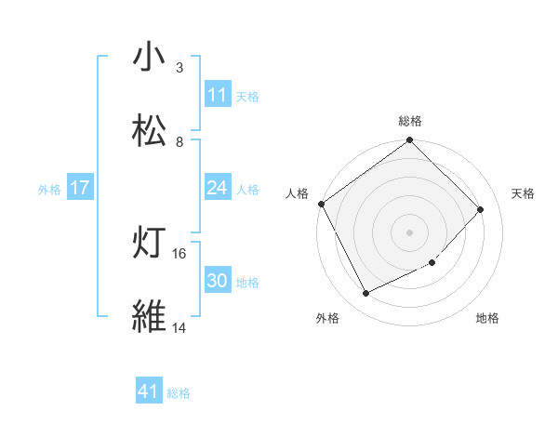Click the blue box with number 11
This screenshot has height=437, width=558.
(217, 95)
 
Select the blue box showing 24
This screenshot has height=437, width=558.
(217, 188)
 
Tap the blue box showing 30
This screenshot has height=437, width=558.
(217, 281)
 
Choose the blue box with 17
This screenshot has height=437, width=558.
(80, 188)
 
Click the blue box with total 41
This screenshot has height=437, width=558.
(150, 391)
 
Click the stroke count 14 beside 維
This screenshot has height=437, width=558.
(179, 327)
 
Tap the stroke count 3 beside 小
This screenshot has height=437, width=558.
(179, 68)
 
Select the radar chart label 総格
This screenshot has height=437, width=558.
(410, 122)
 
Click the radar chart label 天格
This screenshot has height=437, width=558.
(523, 193)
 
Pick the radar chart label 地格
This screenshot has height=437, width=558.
(487, 318)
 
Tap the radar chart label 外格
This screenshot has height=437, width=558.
(327, 318)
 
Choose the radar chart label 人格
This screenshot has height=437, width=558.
(297, 193)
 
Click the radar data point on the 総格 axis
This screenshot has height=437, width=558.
(410, 141)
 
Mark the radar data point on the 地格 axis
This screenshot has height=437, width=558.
(432, 263)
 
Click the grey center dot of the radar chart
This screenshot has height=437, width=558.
(410, 232)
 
